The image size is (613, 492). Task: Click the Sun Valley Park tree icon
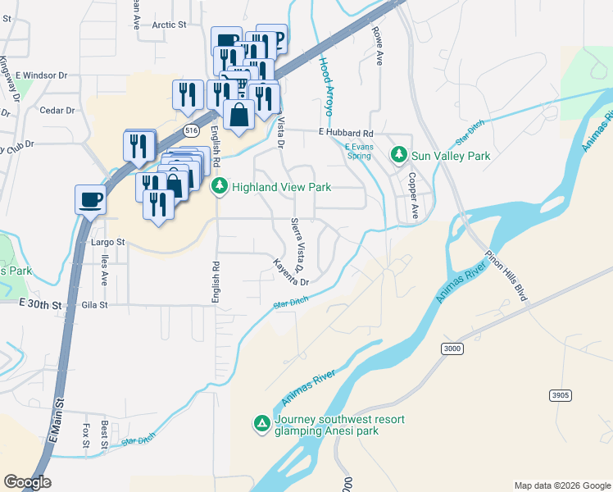coord(399,154)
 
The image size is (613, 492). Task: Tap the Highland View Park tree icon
coord(220,187)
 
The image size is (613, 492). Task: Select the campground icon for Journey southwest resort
coord(261,423)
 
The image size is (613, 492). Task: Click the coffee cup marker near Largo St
coord(90,198)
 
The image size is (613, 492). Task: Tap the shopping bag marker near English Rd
coord(238,116)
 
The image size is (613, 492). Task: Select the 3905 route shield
coord(560,395)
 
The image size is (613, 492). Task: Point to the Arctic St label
coord(170,25)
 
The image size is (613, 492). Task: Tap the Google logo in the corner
coord(27,482)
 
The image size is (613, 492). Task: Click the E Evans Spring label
coord(358,149)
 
